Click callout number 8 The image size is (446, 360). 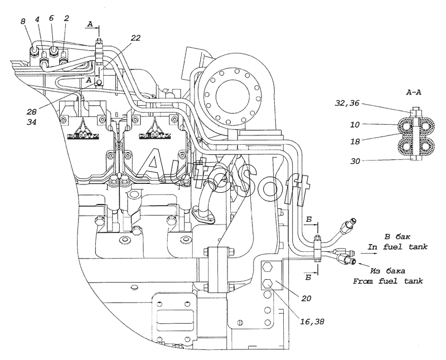(23, 21)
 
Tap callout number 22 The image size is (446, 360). (135, 38)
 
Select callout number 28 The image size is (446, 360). (32, 112)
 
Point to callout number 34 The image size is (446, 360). (32, 122)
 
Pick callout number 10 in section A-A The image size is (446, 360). (355, 124)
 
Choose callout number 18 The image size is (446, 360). (355, 142)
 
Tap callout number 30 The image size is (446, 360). (355, 161)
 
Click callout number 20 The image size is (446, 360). (306, 298)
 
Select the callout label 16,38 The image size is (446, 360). (312, 322)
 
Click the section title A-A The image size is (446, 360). (413, 93)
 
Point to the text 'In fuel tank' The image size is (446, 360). (397, 247)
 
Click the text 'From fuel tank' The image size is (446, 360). (388, 281)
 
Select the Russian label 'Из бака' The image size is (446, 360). (387, 271)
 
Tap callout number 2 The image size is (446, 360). (66, 18)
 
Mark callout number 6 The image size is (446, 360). (51, 18)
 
